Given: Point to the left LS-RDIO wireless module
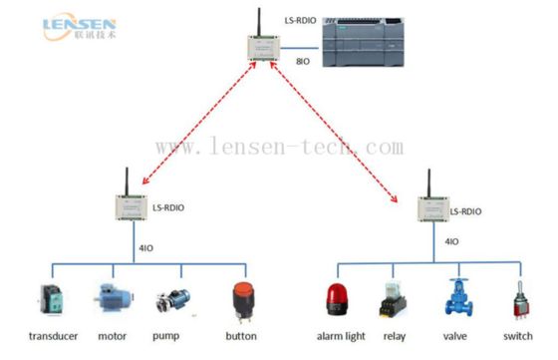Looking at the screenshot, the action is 132,207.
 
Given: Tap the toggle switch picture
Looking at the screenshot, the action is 518,299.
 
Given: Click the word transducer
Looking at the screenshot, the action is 53,335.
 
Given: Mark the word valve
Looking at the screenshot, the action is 456,336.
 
